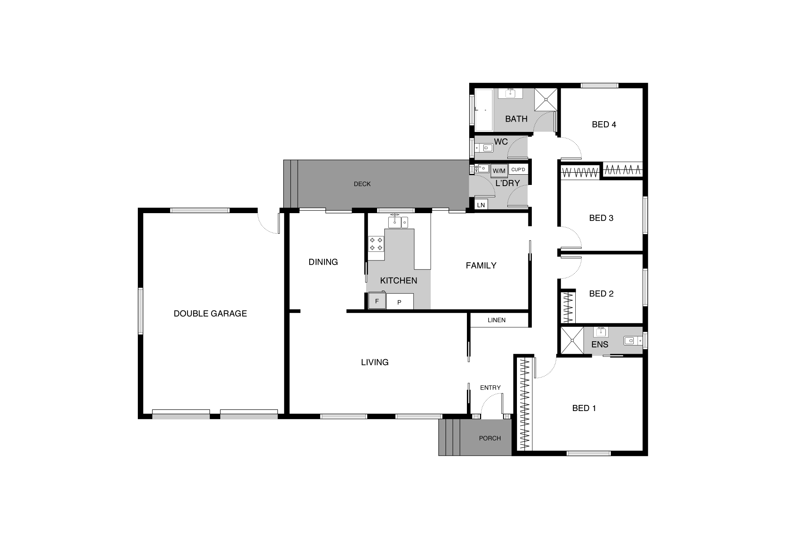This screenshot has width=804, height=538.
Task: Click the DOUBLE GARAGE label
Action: tap(210, 313)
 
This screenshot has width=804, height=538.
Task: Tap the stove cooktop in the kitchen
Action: tap(376, 244)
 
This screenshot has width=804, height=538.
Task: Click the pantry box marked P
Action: tap(400, 301)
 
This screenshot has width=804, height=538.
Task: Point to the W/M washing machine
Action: tap(499, 171)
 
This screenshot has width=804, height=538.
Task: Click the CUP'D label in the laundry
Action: tap(518, 170)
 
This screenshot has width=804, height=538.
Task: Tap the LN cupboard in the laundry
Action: tap(481, 205)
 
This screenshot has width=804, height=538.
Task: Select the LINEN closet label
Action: tap(496, 320)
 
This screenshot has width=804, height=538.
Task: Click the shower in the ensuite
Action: tap(572, 340)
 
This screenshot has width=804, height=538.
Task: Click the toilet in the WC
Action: tap(484, 148)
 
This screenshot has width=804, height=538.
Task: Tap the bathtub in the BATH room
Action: tap(484, 110)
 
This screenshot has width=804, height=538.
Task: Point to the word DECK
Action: tap(362, 184)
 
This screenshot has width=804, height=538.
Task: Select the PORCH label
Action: tap(490, 438)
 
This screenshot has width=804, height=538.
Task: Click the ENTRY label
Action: tap(490, 388)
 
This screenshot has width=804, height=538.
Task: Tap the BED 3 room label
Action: tap(601, 218)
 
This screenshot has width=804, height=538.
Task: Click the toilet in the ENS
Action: tap(633, 340)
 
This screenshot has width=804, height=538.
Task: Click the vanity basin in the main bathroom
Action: tap(510, 93)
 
